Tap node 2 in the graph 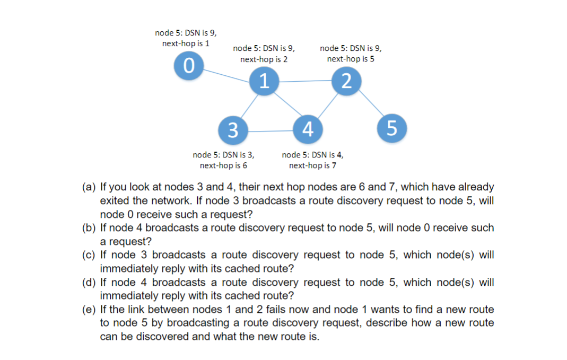pyautogui.click(x=346, y=81)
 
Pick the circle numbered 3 pyautogui.click(x=233, y=130)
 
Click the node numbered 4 pyautogui.click(x=308, y=129)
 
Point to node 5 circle pyautogui.click(x=392, y=128)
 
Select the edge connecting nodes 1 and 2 pyautogui.click(x=305, y=82)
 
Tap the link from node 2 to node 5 pyautogui.click(x=370, y=105)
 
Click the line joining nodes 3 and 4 pyautogui.click(x=270, y=130)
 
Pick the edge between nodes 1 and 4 pyautogui.click(x=286, y=106)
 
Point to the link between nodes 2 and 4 pyautogui.click(x=327, y=105)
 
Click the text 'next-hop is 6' pyautogui.click(x=223, y=165)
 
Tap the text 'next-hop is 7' pyautogui.click(x=312, y=165)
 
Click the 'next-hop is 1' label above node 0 pyautogui.click(x=185, y=43)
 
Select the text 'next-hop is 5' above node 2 pyautogui.click(x=351, y=59)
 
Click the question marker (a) pyautogui.click(x=88, y=187)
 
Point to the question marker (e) pyautogui.click(x=88, y=309)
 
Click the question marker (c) pyautogui.click(x=88, y=255)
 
